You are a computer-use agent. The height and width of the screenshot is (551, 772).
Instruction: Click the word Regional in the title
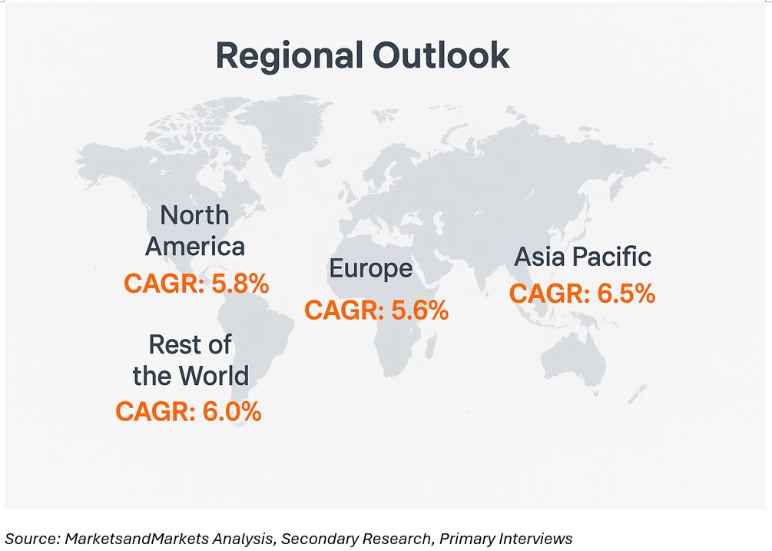289,56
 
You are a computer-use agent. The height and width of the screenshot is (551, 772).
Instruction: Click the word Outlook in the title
441,56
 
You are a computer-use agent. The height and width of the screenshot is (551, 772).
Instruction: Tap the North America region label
195,231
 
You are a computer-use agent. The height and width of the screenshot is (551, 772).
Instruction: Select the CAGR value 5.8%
240,284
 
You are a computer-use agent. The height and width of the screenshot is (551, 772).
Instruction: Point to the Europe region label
371,269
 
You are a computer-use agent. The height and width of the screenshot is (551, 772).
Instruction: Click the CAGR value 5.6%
419,310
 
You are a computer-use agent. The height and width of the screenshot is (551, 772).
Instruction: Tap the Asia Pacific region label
582,257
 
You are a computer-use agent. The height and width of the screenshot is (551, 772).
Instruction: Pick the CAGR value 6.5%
625,294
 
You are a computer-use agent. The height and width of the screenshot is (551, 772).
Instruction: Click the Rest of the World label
191,360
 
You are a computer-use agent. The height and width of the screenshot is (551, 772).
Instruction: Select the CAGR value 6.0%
232,412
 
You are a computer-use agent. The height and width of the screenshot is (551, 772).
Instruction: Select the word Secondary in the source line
315,539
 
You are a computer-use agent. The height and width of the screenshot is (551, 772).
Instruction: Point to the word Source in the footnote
31,539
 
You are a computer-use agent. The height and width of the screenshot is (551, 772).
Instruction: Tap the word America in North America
195,247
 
